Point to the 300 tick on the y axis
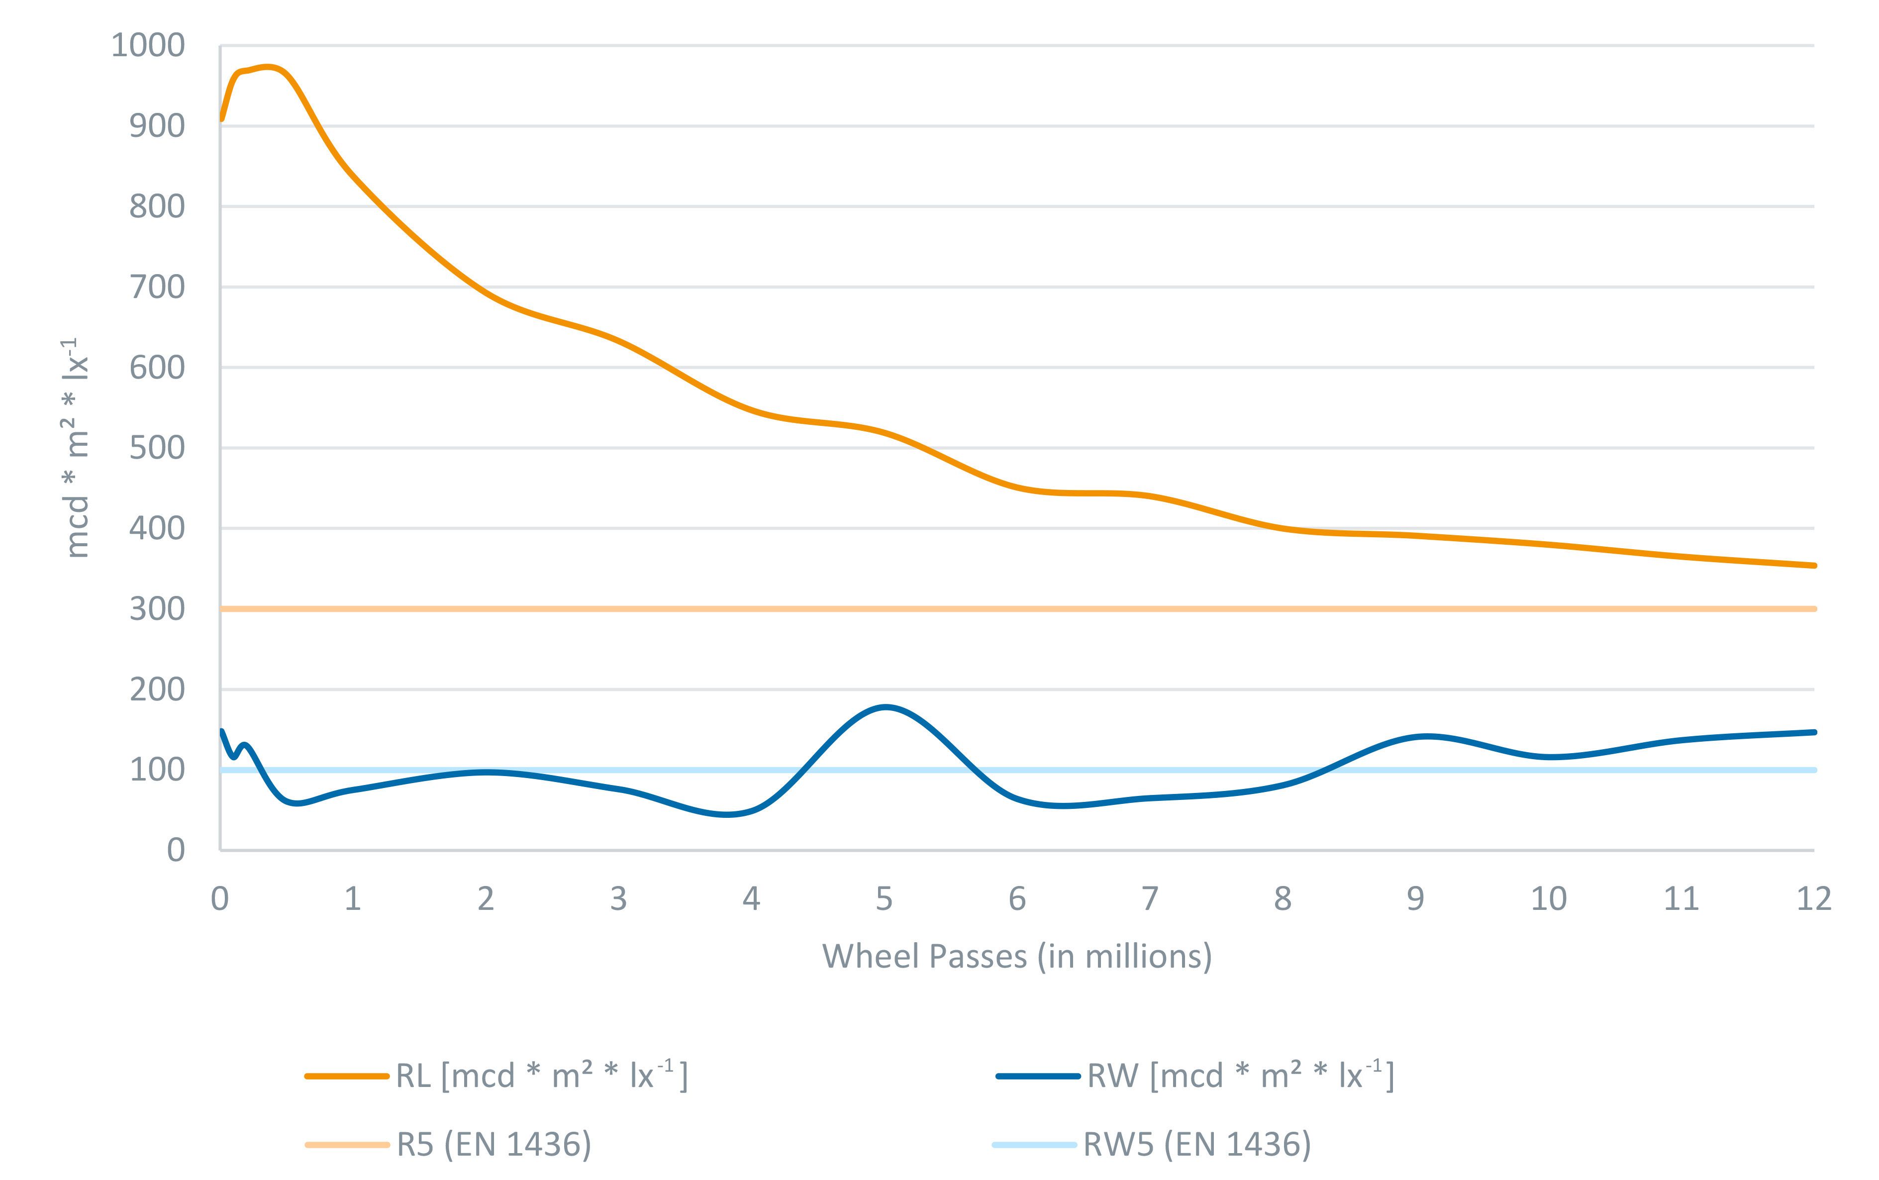[157, 609]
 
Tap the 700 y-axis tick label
[157, 287]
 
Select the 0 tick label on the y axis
[176, 850]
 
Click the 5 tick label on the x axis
[884, 899]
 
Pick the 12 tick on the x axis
[1813, 899]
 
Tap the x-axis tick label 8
[1282, 899]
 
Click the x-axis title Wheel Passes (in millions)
[1017, 957]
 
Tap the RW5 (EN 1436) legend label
[1197, 1145]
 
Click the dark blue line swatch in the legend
[1038, 1076]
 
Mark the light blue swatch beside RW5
[1034, 1145]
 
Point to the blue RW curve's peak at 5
[885, 707]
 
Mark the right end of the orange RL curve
[1813, 565]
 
